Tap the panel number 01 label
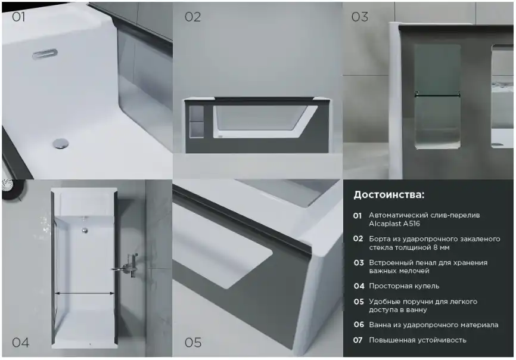[18, 17]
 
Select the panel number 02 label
[192, 17]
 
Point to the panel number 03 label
[359, 17]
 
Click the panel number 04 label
[20, 342]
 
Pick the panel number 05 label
[192, 342]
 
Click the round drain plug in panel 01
[61, 142]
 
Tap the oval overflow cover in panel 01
[45, 53]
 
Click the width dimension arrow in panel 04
[85, 293]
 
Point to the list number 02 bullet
[358, 238]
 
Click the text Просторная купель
[404, 286]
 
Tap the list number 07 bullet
[358, 340]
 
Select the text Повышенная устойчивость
[417, 340]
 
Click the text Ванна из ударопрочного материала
[433, 325]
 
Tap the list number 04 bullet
[358, 286]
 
